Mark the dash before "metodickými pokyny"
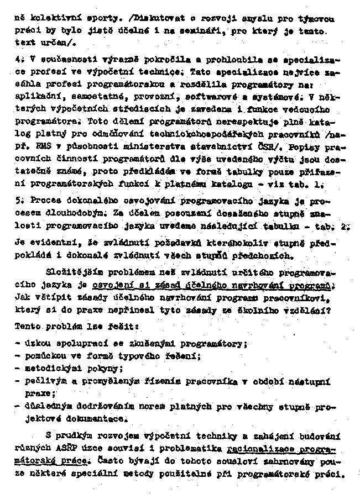pos(18,367)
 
